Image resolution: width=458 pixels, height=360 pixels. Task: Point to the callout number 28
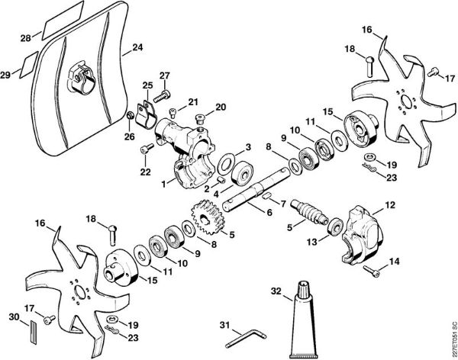coord(26,38)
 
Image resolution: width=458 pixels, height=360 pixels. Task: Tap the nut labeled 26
coord(131,116)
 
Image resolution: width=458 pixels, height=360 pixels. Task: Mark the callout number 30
coord(12,316)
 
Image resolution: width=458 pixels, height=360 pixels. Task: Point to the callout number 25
coord(147,85)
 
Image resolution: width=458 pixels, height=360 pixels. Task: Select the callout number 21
coord(193,102)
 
